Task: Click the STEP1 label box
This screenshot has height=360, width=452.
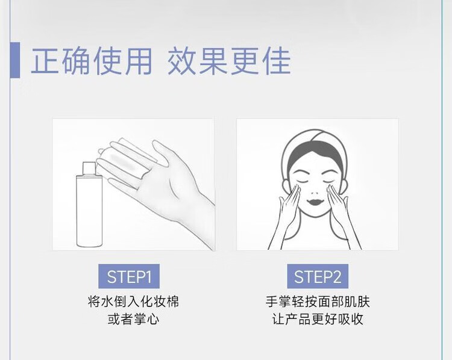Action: (129, 276)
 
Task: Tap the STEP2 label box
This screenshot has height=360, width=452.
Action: (318, 276)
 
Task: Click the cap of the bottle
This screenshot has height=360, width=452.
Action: (89, 168)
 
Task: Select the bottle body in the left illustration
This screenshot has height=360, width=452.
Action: (89, 211)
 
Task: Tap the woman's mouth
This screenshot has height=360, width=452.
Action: (315, 201)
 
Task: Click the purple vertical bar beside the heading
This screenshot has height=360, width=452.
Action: (15, 60)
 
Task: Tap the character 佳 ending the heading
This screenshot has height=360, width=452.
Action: (276, 61)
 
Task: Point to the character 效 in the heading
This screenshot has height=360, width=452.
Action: (181, 61)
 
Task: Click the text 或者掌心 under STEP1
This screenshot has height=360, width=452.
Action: (133, 319)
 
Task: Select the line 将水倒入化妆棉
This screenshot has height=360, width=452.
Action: (133, 302)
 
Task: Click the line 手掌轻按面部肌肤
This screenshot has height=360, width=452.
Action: (318, 302)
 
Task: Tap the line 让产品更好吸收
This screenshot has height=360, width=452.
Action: (318, 319)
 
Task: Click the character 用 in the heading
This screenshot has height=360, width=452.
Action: (139, 61)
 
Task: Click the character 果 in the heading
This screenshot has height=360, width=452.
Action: (213, 61)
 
